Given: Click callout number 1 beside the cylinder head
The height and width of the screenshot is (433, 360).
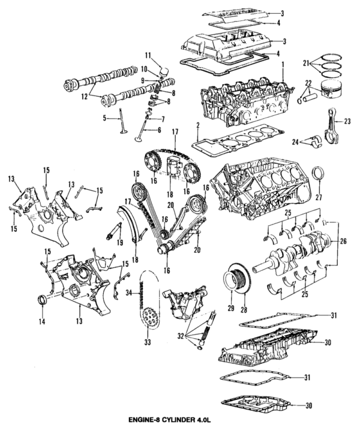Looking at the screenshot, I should [283, 64].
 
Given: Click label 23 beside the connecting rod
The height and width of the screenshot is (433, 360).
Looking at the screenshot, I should [346, 121].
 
